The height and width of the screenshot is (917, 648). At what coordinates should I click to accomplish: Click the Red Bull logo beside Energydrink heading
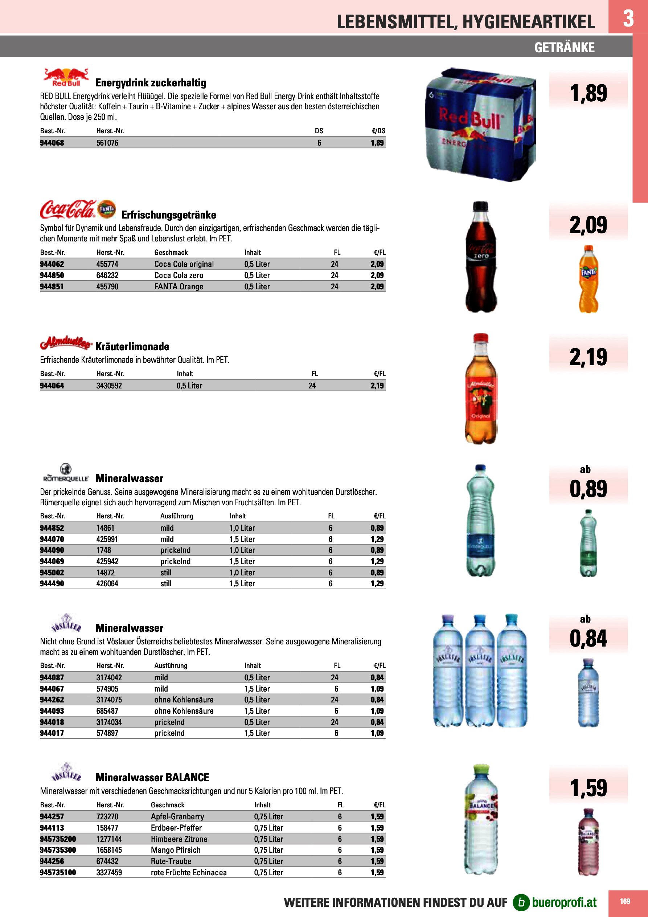(x=66, y=77)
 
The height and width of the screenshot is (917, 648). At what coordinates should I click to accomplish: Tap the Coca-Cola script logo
(x=68, y=210)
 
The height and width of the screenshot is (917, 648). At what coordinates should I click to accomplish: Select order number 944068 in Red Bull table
(x=52, y=143)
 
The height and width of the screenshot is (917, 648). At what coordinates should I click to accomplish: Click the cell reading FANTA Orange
(x=179, y=287)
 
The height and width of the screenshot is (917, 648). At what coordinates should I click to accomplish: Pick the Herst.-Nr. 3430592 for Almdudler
(x=109, y=386)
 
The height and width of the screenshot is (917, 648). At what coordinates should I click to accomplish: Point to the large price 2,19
(x=588, y=357)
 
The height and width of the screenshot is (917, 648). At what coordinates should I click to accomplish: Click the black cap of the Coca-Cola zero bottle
(x=480, y=207)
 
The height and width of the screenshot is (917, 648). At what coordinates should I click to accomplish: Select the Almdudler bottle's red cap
(x=480, y=338)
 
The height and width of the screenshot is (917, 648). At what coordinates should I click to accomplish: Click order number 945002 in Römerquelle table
(x=52, y=573)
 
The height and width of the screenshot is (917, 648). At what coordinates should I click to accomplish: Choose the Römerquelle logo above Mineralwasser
(x=66, y=474)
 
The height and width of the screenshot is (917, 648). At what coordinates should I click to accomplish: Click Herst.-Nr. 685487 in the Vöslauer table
(x=107, y=711)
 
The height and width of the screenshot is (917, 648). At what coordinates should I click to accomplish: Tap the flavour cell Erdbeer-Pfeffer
(x=176, y=828)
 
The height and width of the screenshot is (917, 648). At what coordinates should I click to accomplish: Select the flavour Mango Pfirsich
(x=176, y=850)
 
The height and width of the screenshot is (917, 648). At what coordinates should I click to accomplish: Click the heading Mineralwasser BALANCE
(x=152, y=778)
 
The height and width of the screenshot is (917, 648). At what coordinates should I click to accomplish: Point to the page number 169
(x=625, y=901)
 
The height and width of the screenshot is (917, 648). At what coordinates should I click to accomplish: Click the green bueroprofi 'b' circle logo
(x=521, y=902)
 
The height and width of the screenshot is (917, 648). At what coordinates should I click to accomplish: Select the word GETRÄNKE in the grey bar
(x=564, y=48)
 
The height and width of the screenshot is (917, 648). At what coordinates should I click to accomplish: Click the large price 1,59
(x=588, y=788)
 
